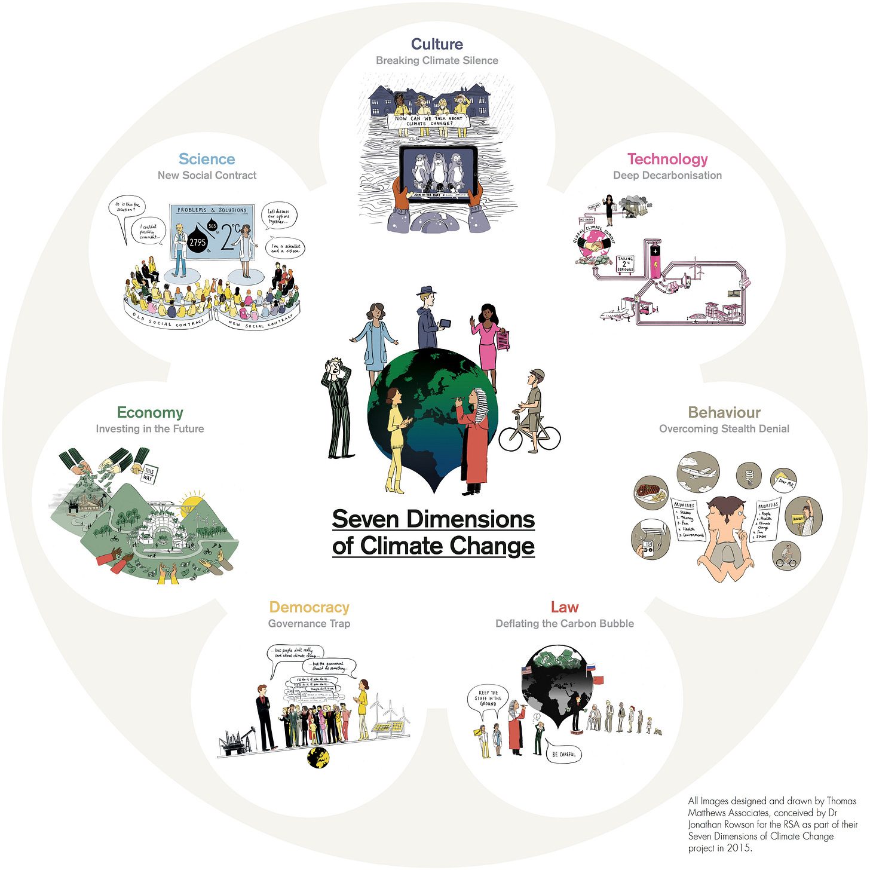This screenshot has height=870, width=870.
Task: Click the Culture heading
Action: pos(437,44)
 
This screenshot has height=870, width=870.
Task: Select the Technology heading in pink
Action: pos(667,159)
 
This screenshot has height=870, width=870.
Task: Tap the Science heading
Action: pos(207,159)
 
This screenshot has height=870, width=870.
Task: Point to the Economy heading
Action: pos(150,412)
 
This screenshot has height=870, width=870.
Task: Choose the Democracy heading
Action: pos(309,607)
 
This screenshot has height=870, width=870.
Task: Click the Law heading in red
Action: pos(565,607)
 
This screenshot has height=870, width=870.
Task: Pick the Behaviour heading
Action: pos(724,412)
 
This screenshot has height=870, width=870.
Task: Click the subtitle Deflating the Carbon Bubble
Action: pos(565,624)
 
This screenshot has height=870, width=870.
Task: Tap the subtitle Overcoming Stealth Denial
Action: pos(724,429)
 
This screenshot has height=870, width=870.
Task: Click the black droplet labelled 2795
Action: pos(197,240)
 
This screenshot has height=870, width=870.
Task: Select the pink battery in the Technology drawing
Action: pos(655,261)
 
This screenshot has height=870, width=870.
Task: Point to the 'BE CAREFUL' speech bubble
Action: pos(564,754)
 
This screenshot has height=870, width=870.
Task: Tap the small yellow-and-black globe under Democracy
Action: pos(318,758)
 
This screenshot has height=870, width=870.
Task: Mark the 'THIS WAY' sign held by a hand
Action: pos(148,474)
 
